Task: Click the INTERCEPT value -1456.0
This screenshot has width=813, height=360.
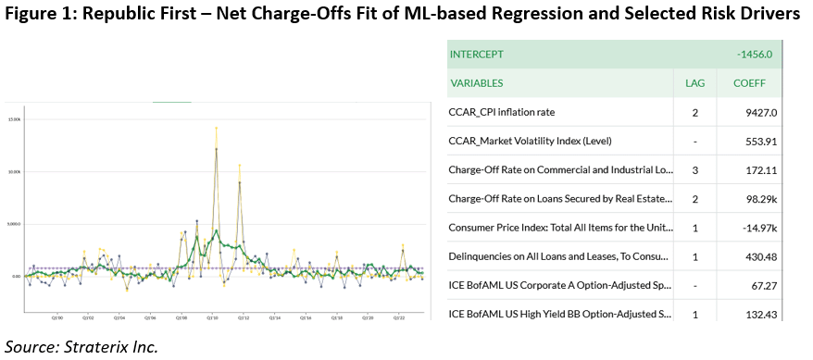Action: click(x=754, y=55)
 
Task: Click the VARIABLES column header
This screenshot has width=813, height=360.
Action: click(x=477, y=83)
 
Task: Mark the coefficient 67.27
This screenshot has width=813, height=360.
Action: click(x=758, y=286)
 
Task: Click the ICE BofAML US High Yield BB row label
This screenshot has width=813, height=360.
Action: click(x=560, y=315)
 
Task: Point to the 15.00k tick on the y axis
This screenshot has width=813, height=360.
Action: click(x=14, y=119)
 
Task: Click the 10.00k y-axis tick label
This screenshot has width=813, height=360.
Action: click(x=14, y=171)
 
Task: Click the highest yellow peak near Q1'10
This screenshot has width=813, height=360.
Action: click(x=216, y=128)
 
